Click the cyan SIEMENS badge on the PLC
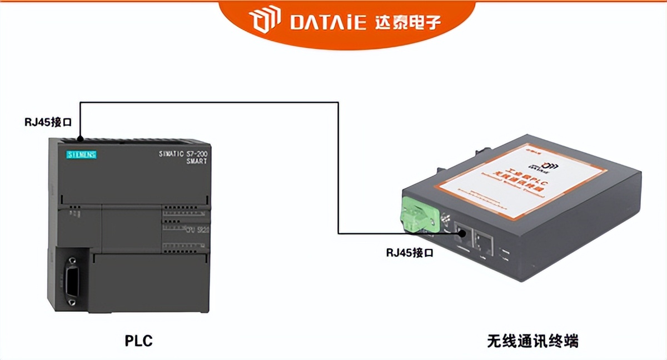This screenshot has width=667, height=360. [82, 154]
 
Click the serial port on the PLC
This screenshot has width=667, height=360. [71, 277]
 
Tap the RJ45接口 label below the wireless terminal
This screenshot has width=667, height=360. [410, 252]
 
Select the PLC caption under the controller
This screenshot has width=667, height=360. [138, 340]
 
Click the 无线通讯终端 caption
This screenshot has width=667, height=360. [533, 340]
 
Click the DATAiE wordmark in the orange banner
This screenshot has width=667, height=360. [328, 22]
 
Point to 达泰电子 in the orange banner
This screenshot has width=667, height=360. [408, 22]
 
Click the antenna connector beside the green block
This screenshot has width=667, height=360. [443, 222]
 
